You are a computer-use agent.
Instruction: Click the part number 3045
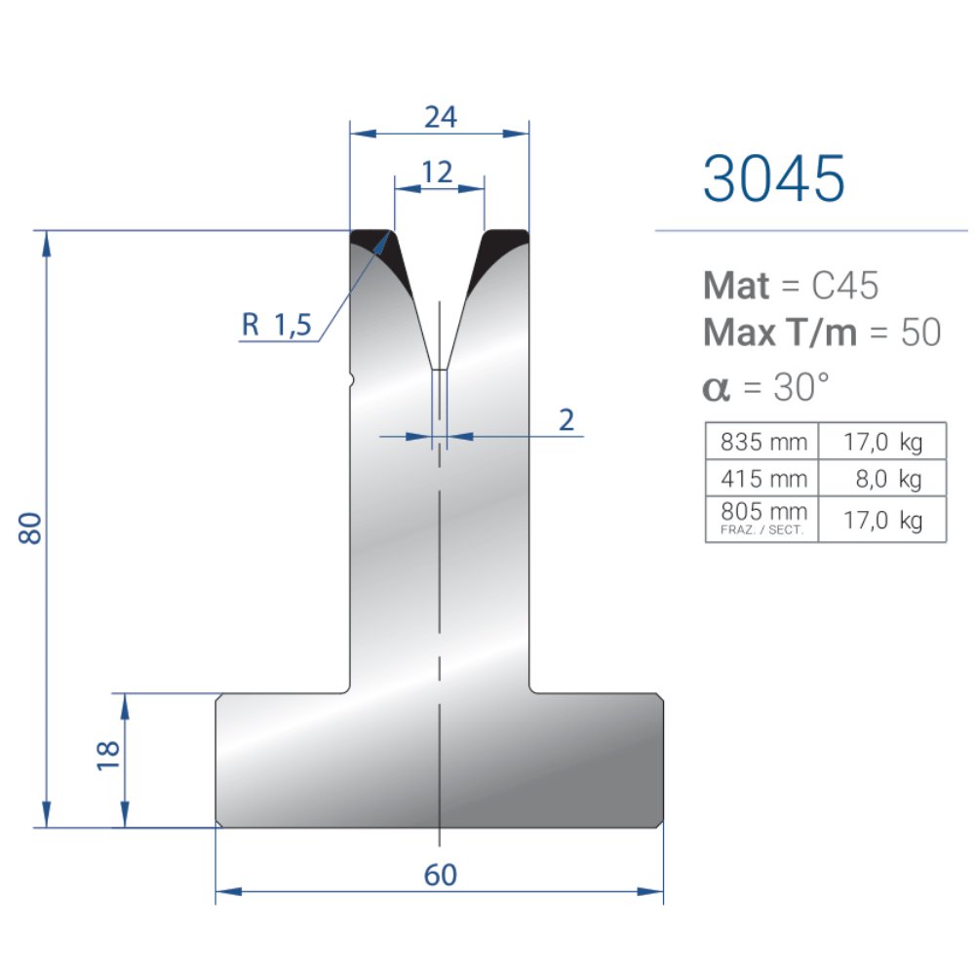pyautogui.click(x=773, y=178)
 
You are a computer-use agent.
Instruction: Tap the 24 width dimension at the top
pyautogui.click(x=441, y=117)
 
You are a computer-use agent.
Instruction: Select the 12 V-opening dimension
pyautogui.click(x=437, y=173)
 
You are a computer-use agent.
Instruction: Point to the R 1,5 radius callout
pyautogui.click(x=276, y=324)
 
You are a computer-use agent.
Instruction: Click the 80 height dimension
pyautogui.click(x=30, y=528)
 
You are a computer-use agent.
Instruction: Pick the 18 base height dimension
pyautogui.click(x=108, y=756)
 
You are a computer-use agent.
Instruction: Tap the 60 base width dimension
pyautogui.click(x=441, y=875)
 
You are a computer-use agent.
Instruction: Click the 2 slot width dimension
pyautogui.click(x=565, y=420)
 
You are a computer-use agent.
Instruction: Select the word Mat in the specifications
pyautogui.click(x=736, y=286)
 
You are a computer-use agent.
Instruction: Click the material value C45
pyautogui.click(x=845, y=286)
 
